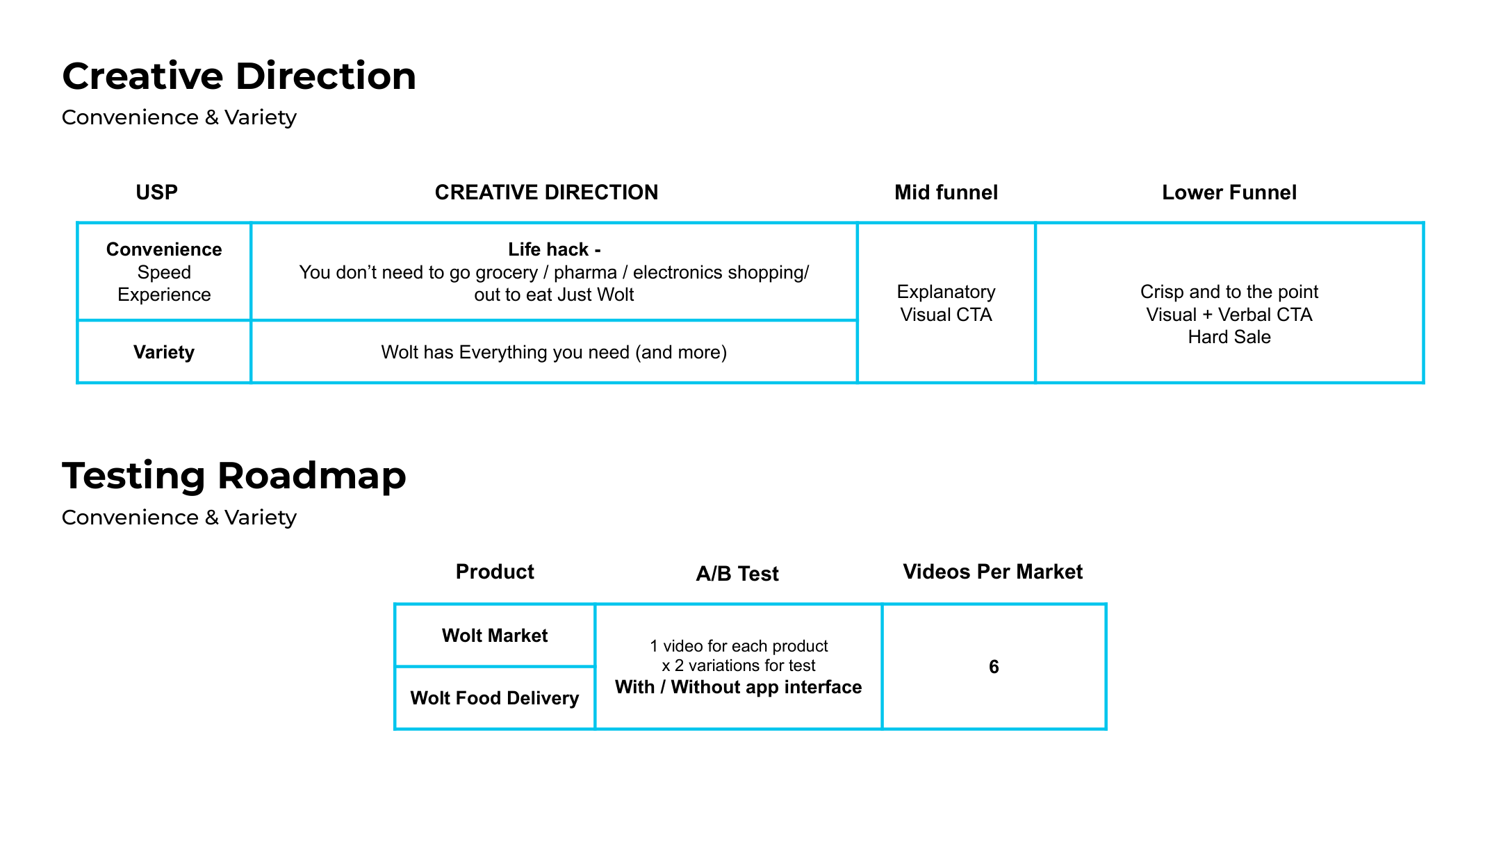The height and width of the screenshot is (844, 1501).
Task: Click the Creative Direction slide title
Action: click(x=239, y=76)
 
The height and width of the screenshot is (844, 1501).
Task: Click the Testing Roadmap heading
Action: click(x=233, y=477)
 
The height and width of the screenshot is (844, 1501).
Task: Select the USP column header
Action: click(x=156, y=192)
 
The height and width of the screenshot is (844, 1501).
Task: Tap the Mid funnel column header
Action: click(x=946, y=192)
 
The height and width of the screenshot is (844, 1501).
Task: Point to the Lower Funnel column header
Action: click(x=1229, y=192)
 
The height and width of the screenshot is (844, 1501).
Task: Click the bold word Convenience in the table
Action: click(x=164, y=249)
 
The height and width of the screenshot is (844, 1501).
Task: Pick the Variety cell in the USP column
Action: click(x=164, y=352)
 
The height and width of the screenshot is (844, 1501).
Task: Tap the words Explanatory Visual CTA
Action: click(x=946, y=303)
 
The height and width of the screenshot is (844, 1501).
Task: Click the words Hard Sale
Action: click(x=1229, y=337)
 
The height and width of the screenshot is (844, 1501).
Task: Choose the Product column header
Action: click(x=495, y=572)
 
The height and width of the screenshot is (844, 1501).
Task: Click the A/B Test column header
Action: click(x=737, y=574)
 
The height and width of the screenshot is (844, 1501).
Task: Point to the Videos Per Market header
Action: click(x=992, y=572)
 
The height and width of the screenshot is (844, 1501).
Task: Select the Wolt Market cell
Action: click(x=495, y=636)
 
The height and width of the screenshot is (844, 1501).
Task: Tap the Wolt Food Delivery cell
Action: click(x=495, y=698)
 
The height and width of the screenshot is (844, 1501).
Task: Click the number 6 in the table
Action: click(x=994, y=667)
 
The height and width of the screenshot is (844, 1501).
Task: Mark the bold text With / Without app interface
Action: click(x=738, y=687)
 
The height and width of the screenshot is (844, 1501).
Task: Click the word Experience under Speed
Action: click(x=164, y=295)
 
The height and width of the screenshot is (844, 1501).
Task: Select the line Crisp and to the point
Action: click(x=1229, y=292)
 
